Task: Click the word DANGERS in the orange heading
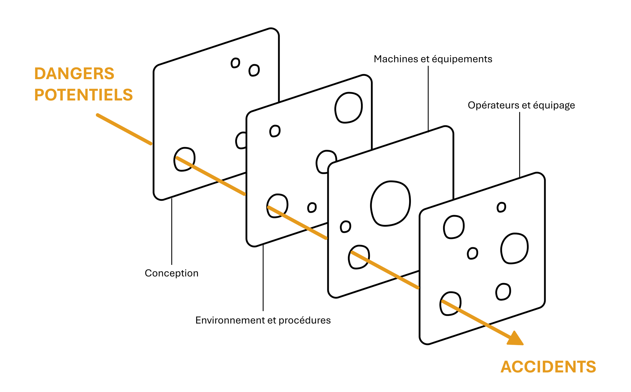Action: coord(74,74)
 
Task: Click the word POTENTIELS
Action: coord(83,95)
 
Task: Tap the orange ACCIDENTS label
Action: coord(548,367)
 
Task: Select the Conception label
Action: coord(171,273)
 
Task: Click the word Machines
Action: coord(396,59)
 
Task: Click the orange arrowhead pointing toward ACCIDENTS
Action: coord(515,339)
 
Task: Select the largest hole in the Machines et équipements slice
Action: coord(390,203)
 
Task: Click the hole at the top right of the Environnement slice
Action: coord(348,107)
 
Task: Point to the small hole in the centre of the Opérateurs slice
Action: coord(472,253)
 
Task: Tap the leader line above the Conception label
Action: coord(172,231)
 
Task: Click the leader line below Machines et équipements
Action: coord(428,99)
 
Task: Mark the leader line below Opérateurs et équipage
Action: coord(519,144)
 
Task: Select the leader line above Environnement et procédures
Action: coord(263,278)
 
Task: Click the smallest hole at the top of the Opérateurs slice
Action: coord(501,207)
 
